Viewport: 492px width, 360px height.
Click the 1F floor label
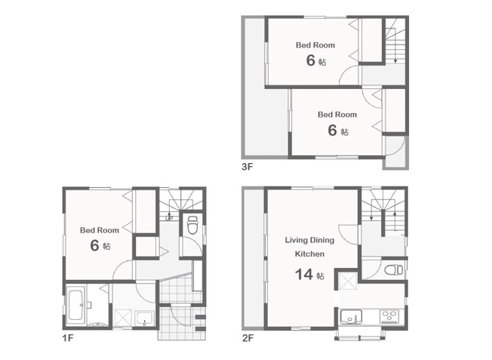(68, 338)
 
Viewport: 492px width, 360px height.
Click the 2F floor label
(248, 338)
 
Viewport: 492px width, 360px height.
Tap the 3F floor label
(248, 167)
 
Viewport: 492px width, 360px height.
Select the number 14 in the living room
(304, 274)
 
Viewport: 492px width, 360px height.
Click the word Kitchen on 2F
(309, 254)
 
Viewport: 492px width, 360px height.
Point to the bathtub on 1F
(75, 305)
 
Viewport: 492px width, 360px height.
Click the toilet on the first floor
(192, 225)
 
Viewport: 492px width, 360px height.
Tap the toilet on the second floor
(393, 269)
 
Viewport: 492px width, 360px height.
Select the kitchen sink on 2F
(351, 316)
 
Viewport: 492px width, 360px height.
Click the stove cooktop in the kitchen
(389, 316)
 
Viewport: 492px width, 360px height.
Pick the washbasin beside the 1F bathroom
(144, 318)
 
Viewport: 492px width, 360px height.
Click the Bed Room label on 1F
(100, 230)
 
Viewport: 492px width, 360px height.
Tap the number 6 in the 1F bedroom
(94, 245)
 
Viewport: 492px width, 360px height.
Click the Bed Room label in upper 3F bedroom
(315, 45)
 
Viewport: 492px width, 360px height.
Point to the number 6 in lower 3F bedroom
(332, 131)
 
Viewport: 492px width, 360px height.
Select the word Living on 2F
(297, 241)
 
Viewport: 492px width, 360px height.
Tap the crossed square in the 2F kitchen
(348, 281)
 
